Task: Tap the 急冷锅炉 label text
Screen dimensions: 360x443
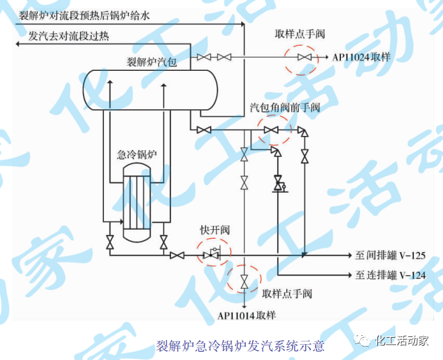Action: [x=136, y=154]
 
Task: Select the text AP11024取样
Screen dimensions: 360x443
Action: [x=361, y=57]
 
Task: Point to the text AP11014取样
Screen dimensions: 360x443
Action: [x=246, y=315]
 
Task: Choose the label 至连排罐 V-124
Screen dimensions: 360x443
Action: [x=390, y=276]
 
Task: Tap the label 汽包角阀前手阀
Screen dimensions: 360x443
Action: [x=284, y=107]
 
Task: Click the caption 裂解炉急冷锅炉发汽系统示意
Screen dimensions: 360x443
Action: [x=240, y=346]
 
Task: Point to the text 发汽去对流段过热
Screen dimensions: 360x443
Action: [x=69, y=36]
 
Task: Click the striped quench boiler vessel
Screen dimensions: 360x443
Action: [x=137, y=200]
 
